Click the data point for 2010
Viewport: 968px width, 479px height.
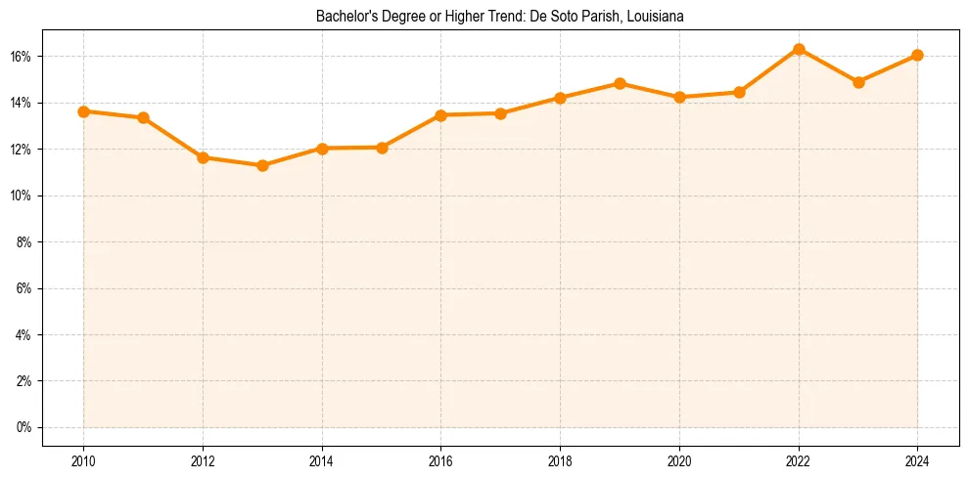[84, 111]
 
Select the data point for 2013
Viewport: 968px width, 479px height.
[262, 165]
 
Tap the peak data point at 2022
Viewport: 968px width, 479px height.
[799, 49]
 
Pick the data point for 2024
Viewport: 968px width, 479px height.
[917, 55]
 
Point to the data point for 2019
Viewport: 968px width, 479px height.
[620, 83]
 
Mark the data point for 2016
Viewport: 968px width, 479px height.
[441, 115]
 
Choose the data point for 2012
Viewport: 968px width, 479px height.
[203, 157]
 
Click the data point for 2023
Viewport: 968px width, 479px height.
[858, 82]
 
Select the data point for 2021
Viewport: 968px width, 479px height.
[739, 92]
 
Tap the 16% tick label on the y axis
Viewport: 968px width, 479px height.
[22, 57]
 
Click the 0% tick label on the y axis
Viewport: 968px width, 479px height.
[24, 427]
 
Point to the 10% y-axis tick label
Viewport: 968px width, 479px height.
[22, 196]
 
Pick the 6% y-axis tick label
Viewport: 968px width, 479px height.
[24, 288]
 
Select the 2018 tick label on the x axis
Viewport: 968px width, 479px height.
[560, 461]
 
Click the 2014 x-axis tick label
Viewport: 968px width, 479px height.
[322, 461]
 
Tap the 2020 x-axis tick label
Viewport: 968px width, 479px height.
[679, 461]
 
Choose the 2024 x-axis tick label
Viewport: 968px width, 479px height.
[917, 461]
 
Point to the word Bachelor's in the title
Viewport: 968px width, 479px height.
[342, 17]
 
